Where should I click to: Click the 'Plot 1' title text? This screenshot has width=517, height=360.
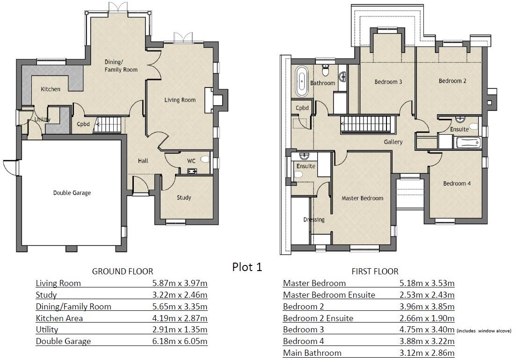pyautogui.click(x=247, y=267)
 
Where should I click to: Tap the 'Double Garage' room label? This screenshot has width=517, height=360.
pyautogui.click(x=72, y=193)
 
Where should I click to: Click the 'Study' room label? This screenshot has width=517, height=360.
pyautogui.click(x=184, y=198)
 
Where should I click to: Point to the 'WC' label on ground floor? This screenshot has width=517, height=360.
pyautogui.click(x=191, y=161)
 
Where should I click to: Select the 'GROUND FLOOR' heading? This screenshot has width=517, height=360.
pyautogui.click(x=122, y=271)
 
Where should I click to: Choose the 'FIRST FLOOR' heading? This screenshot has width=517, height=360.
pyautogui.click(x=375, y=271)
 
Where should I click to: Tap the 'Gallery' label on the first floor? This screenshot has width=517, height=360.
pyautogui.click(x=393, y=142)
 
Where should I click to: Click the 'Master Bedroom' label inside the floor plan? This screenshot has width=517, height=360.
pyautogui.click(x=362, y=198)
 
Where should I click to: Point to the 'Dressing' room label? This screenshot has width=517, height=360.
pyautogui.click(x=313, y=220)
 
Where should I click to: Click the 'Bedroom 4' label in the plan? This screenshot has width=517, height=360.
pyautogui.click(x=457, y=184)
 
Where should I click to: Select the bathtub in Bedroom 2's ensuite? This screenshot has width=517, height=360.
pyautogui.click(x=467, y=142)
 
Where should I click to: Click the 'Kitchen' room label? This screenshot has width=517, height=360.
pyautogui.click(x=50, y=89)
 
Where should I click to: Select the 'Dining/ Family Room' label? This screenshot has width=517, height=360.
pyautogui.click(x=121, y=66)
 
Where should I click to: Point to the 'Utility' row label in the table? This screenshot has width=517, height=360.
pyautogui.click(x=47, y=330)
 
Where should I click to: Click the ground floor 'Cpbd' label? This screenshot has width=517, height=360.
pyautogui.click(x=84, y=124)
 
